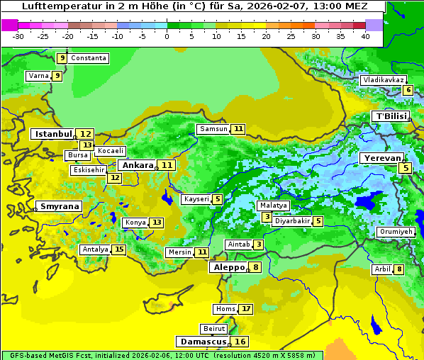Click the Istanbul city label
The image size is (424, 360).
click(54, 133)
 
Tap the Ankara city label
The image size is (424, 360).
click(137, 165)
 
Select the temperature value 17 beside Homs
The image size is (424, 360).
click(245, 309)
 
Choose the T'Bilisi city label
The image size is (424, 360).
click(391, 116)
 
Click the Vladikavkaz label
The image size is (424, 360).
click(384, 80)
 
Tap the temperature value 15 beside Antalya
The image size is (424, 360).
click(119, 249)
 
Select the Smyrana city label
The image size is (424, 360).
click(60, 207)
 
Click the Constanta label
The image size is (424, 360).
click(89, 58)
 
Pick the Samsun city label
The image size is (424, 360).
click(213, 129)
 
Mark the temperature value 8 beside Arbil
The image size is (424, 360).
click(399, 269)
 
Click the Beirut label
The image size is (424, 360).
click(214, 329)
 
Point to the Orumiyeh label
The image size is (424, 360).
click(395, 232)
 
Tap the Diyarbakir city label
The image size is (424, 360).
click(292, 221)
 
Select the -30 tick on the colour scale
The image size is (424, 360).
click(18, 36)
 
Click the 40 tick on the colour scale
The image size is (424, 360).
click(365, 36)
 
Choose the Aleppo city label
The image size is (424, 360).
click(228, 268)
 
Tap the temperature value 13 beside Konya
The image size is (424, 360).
click(157, 223)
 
